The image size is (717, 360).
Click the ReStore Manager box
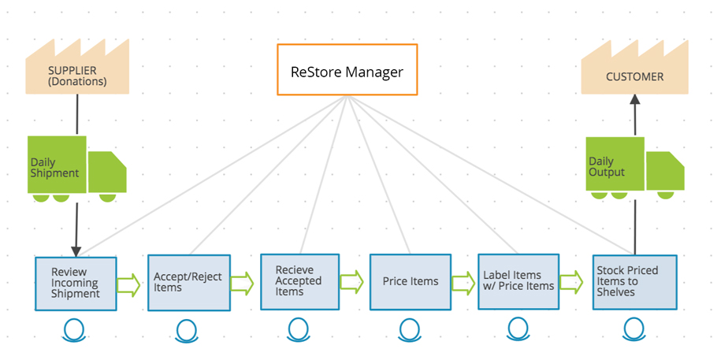pos(347,69)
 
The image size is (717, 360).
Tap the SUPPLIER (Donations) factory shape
pos(77,69)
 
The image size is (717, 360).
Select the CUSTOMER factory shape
pos(635,69)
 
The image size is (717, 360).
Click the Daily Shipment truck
pos(77,169)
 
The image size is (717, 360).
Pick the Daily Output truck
pos(635,168)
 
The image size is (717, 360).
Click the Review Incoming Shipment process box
pos(76,284)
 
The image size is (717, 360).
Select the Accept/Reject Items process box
pos(189,283)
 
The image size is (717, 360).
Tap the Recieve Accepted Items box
pos(300,282)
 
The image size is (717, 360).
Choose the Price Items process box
pos(411,282)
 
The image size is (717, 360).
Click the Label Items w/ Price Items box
pos(518,281)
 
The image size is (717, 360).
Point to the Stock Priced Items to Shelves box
pos(635,282)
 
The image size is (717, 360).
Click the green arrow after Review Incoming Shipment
pos(128,285)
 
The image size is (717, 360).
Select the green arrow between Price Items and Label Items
pos(463,283)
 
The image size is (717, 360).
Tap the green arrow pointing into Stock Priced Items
pos(571,282)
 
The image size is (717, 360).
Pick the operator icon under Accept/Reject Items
pos(187,330)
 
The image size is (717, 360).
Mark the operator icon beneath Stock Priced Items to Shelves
pos(634,329)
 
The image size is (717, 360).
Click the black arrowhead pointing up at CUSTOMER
pos(635,98)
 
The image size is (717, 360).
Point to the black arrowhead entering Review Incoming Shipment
pos(76,251)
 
